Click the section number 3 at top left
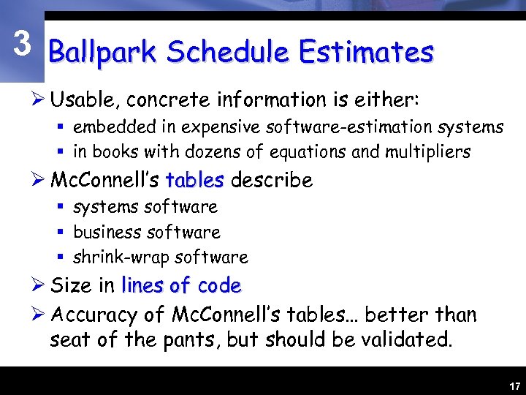[x=23, y=45]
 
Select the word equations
[x=312, y=153]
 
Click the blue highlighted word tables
[x=195, y=180]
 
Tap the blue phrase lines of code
[x=181, y=285]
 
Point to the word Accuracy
[x=94, y=316]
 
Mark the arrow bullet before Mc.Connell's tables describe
[x=39, y=180]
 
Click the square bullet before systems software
[x=61, y=207]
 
